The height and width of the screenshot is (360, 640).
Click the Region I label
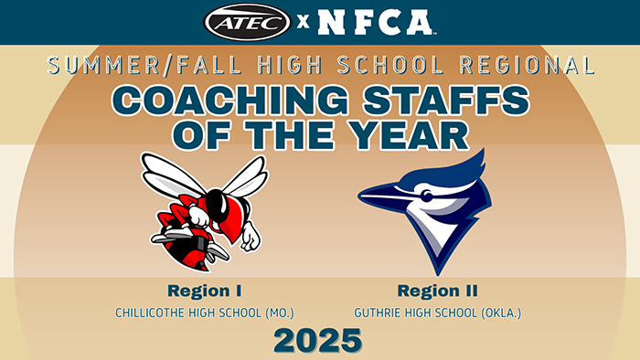pyautogui.click(x=204, y=291)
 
